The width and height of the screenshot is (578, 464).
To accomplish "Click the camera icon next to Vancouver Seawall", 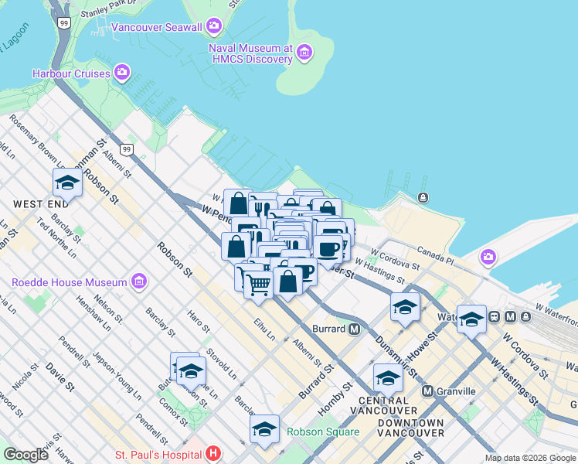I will point(214,26).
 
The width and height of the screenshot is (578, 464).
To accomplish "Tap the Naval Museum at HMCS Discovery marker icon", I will point(304,53).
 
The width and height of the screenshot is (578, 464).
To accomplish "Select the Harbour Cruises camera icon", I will point(121,73).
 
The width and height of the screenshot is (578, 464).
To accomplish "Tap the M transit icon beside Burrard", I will point(355,329).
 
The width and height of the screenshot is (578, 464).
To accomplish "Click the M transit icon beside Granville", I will point(427,391).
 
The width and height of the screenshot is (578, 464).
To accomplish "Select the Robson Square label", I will point(322,432).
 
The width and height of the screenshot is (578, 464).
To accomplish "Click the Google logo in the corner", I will point(25,454).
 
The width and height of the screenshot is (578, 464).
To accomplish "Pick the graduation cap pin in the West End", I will point(67,183).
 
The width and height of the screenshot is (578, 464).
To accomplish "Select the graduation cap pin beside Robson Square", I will point(264,428).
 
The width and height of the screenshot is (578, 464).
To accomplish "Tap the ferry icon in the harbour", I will point(423,198).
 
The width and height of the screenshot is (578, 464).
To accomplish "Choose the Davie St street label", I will point(59,374).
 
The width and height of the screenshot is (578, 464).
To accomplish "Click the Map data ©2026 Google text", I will point(529,458).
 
